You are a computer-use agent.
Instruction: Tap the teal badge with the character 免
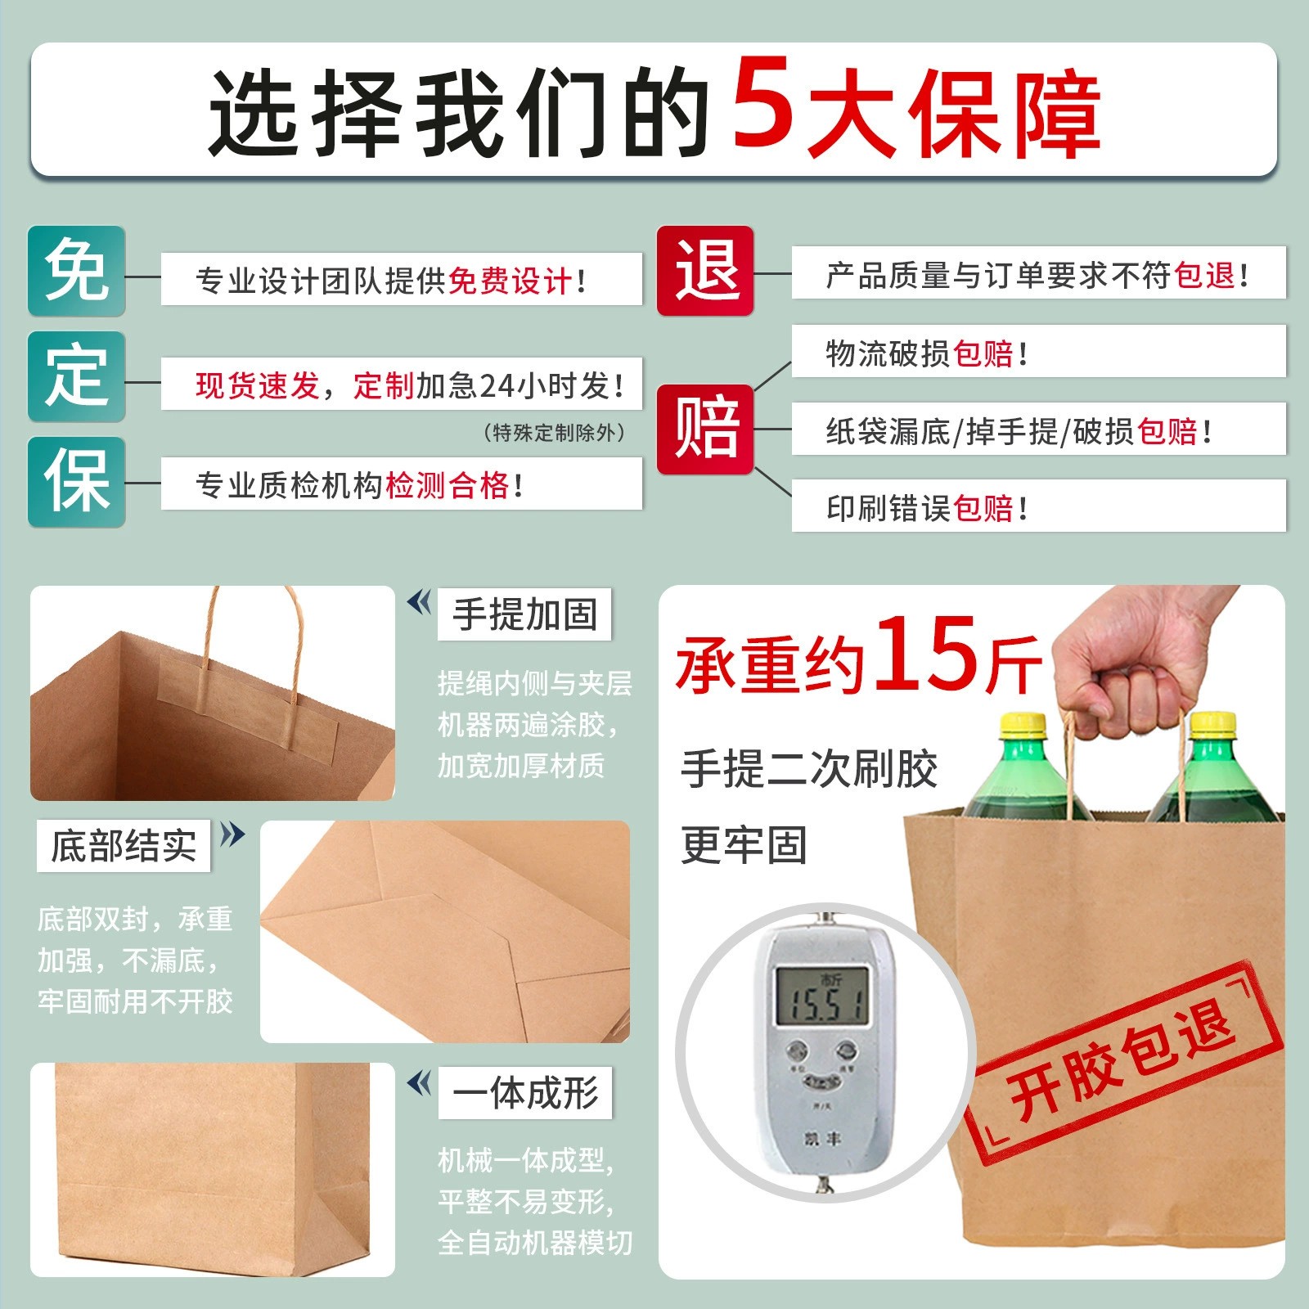[77, 271]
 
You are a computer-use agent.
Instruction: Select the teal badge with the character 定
[77, 376]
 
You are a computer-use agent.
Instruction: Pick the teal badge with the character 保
[77, 482]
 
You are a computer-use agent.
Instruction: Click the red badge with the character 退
[705, 271]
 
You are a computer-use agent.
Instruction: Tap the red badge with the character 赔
[705, 429]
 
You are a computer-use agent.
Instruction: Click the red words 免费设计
[510, 281]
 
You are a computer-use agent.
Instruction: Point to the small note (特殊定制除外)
[555, 432]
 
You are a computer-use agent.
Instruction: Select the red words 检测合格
[448, 485]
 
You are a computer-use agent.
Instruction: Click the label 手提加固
[525, 614]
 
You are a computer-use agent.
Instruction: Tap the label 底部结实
[124, 845]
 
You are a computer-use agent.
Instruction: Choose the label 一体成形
[525, 1092]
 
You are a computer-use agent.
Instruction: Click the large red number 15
[925, 652]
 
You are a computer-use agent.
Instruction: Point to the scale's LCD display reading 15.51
[822, 996]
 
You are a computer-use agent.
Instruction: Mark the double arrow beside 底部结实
[233, 834]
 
